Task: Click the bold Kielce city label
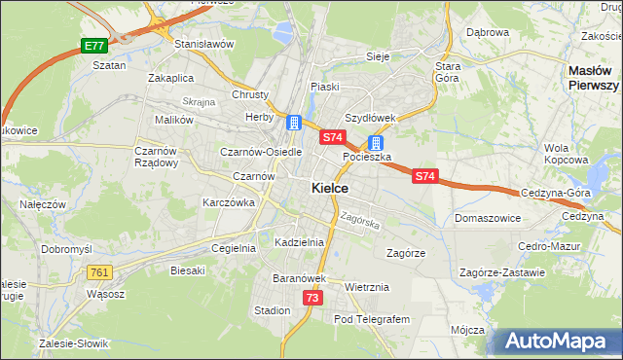pyautogui.click(x=331, y=188)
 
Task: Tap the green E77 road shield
pyautogui.click(x=93, y=46)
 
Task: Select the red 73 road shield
pyautogui.click(x=311, y=298)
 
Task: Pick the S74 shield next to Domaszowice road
pyautogui.click(x=424, y=176)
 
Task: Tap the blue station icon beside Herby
pyautogui.click(x=293, y=123)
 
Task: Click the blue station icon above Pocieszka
pyautogui.click(x=375, y=142)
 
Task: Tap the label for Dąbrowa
pyautogui.click(x=488, y=32)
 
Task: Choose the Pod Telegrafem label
pyautogui.click(x=373, y=319)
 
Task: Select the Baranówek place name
pyautogui.click(x=297, y=278)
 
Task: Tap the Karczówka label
pyautogui.click(x=228, y=202)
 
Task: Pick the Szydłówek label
pyautogui.click(x=370, y=118)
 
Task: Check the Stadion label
pyautogui.click(x=272, y=310)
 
